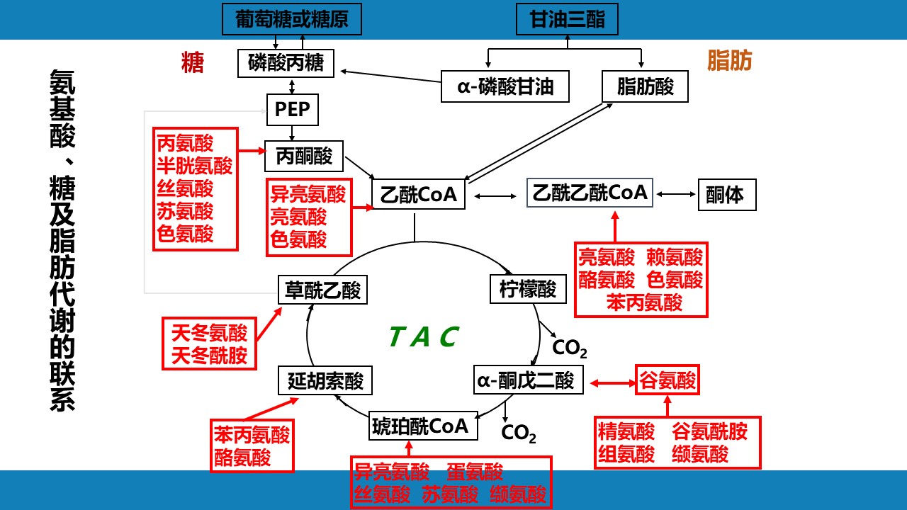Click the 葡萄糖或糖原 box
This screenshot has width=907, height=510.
[x=292, y=18]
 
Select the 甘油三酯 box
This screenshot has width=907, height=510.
[x=568, y=18]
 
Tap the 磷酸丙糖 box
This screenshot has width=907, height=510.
[x=286, y=63]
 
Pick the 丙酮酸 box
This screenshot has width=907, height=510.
[x=304, y=156]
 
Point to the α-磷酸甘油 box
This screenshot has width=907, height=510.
[x=505, y=86]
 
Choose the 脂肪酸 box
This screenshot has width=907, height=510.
[x=645, y=86]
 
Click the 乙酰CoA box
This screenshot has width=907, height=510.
[x=418, y=194]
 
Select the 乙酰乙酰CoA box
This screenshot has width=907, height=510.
[x=590, y=192]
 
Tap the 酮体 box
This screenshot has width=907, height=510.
[x=727, y=195]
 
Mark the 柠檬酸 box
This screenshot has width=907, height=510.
[x=529, y=289]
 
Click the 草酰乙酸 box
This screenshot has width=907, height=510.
[x=322, y=290]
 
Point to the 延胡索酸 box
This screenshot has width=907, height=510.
[x=325, y=381]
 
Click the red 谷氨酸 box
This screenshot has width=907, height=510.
[x=667, y=381]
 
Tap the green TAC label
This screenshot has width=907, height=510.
[x=424, y=336]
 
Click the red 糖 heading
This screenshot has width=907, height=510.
[x=193, y=63]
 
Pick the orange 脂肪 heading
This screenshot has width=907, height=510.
[x=729, y=62]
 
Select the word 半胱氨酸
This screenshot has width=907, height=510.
[x=195, y=166]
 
